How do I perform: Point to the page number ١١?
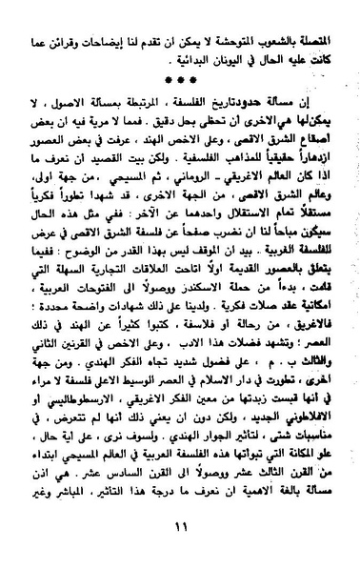click(x=181, y=546)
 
